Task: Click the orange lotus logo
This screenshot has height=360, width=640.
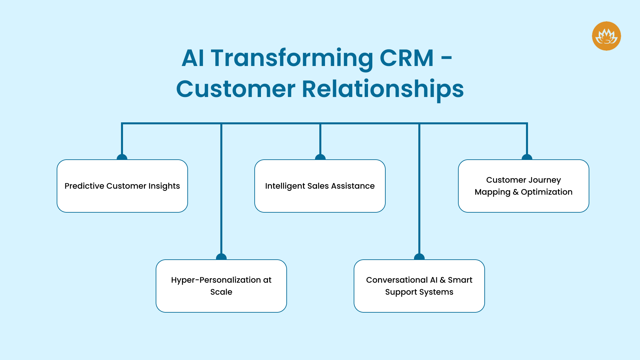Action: coord(606,36)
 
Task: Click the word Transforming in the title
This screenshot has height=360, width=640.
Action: coord(292,58)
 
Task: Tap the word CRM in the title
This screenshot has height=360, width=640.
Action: coord(407,58)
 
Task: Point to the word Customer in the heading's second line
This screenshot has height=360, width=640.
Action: coord(236,89)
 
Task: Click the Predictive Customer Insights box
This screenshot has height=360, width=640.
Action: coord(122,186)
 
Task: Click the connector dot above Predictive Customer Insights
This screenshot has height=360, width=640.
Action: coord(122,157)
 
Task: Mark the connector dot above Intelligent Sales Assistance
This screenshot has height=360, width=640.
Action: coord(320,157)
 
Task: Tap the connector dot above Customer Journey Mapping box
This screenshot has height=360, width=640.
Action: coord(527,157)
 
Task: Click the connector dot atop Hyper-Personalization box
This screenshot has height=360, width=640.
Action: coord(221,257)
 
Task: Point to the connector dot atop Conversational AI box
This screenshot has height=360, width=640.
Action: coord(419,257)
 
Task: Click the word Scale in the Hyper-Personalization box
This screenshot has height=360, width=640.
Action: coord(221,292)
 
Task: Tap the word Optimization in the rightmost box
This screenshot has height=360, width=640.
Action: coord(547,192)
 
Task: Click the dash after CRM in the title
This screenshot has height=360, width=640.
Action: coord(446,59)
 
